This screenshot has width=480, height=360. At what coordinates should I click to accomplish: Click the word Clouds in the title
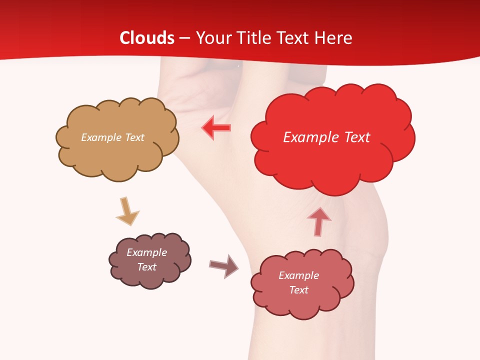147,38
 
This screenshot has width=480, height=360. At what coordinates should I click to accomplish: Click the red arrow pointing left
216,127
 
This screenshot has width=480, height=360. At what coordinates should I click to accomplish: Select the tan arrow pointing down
127,211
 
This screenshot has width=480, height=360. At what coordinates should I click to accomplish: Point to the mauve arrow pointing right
224,265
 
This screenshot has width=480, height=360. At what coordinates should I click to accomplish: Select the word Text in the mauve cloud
146,267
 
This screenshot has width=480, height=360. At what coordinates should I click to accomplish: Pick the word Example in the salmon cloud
298,275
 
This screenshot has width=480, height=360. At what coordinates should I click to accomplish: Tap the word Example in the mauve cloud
146,252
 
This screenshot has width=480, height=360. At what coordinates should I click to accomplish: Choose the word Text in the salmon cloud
298,290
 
